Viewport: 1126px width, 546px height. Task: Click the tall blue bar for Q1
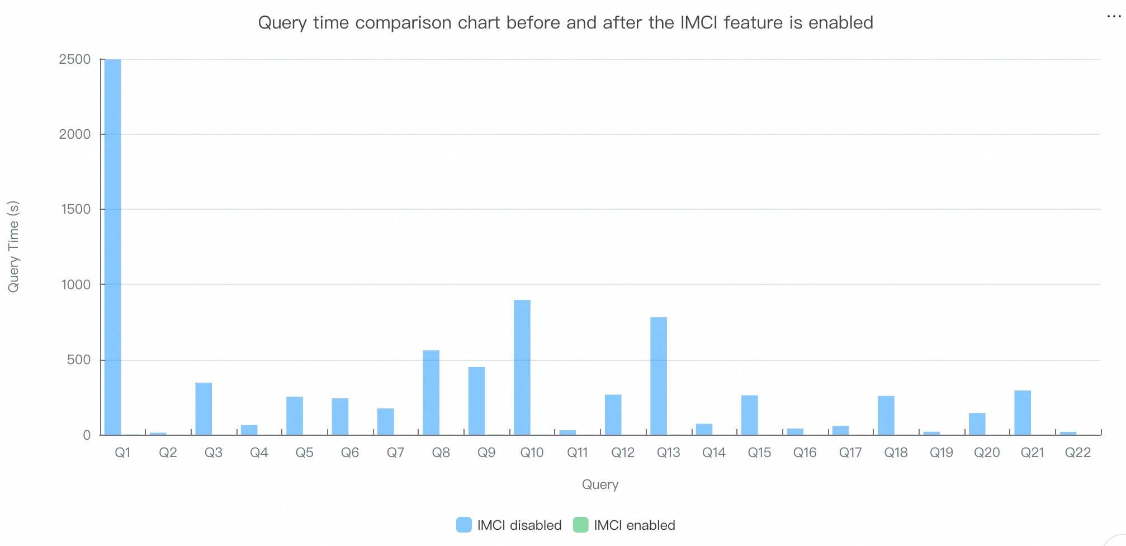[x=112, y=246]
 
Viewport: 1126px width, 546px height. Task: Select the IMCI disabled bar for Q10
[x=522, y=367]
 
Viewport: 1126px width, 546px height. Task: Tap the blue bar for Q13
[x=659, y=376]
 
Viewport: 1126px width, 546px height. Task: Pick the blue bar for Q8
[x=431, y=392]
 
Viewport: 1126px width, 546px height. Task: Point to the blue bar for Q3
[x=204, y=408]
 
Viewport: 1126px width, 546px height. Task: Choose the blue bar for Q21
[x=1023, y=412]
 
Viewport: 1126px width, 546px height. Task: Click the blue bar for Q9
[x=476, y=401]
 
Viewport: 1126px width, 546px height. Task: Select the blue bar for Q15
[x=750, y=415]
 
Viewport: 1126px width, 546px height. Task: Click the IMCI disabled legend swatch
[x=464, y=525]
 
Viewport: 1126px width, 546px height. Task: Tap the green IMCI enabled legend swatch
[x=581, y=525]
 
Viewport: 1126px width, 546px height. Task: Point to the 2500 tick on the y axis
[x=75, y=59]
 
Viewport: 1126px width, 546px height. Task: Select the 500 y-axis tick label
[x=79, y=360]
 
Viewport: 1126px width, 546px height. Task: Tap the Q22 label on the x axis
[x=1077, y=453]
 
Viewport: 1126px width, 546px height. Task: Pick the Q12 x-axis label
[x=623, y=453]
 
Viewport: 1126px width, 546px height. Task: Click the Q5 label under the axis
[x=304, y=453]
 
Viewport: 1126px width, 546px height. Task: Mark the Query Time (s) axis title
[x=13, y=247]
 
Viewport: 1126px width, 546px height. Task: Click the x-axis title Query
[x=600, y=484]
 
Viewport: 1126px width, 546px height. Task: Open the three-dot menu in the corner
[x=1114, y=17]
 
